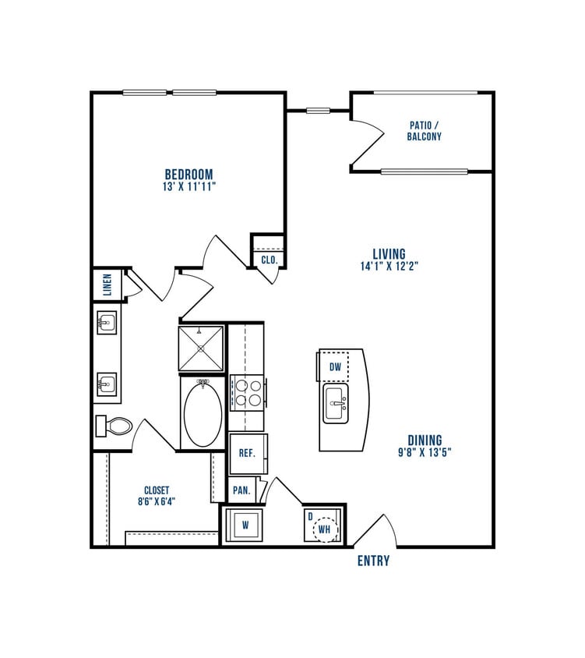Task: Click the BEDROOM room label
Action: click(189, 174)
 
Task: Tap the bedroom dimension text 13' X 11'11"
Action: click(189, 187)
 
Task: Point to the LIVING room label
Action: click(389, 253)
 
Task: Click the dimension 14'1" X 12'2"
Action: click(389, 266)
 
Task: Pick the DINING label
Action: click(424, 440)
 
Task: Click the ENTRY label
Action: click(373, 561)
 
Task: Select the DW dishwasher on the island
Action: click(335, 366)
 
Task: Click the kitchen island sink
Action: click(337, 404)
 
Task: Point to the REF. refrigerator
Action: click(248, 453)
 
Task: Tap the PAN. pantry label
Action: click(241, 491)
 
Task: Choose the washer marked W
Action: click(245, 525)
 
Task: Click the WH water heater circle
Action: click(324, 530)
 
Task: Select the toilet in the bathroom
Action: click(115, 426)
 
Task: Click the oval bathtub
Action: click(203, 413)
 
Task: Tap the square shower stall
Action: click(201, 348)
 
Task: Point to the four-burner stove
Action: click(248, 392)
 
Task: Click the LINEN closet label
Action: click(107, 285)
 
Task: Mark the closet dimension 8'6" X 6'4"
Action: click(157, 502)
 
